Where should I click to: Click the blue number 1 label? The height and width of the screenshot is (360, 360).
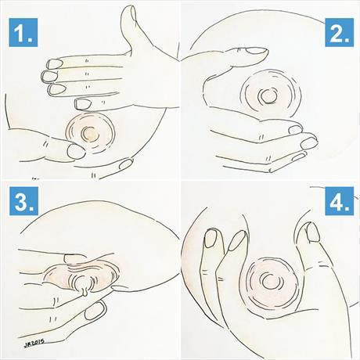(x=23, y=33)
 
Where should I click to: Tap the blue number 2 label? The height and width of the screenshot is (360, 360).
(x=339, y=33)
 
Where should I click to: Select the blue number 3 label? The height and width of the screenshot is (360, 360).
(x=23, y=201)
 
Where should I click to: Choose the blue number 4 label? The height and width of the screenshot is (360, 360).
(x=340, y=201)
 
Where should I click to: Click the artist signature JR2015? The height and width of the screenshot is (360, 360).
(x=34, y=343)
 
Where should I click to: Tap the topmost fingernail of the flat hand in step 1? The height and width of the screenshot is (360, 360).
(x=55, y=63)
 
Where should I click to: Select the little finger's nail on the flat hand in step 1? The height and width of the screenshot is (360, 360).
(x=83, y=103)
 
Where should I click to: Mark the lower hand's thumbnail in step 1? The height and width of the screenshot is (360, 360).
(x=76, y=151)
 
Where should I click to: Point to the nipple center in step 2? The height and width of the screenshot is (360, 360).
(x=267, y=97)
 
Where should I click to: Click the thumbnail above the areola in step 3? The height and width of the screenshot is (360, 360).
(x=74, y=258)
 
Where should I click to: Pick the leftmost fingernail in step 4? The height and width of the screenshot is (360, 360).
(x=211, y=238)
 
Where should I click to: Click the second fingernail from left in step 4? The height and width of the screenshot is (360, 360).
(x=237, y=240)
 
